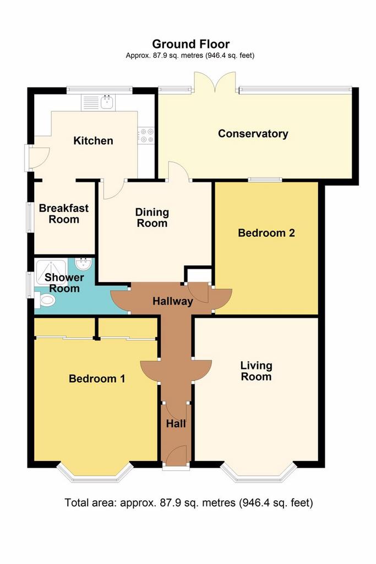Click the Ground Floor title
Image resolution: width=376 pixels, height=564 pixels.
tap(190, 44)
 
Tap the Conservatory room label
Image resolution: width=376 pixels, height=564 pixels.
tap(253, 134)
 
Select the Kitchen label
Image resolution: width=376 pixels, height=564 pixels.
tap(93, 140)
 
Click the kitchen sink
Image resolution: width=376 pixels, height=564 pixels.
tap(107, 102)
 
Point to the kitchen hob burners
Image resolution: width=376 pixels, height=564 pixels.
tap(146, 135)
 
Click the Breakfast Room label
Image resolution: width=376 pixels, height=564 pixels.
tap(64, 214)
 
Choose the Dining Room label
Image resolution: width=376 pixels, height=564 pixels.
tap(152, 218)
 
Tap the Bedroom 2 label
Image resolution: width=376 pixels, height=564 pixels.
tap(266, 233)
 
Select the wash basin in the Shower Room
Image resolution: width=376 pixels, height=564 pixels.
tap(84, 265)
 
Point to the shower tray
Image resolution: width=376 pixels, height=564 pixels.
tap(51, 273)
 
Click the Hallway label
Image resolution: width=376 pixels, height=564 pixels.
tap(173, 301)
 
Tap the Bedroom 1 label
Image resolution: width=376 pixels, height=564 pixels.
tap(97, 378)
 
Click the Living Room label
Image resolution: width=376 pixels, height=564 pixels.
tap(256, 371)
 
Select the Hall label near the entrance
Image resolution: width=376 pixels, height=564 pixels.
tap(176, 424)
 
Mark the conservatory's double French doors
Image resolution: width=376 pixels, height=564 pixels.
tap(215, 82)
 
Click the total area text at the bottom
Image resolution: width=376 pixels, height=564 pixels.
tap(189, 502)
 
